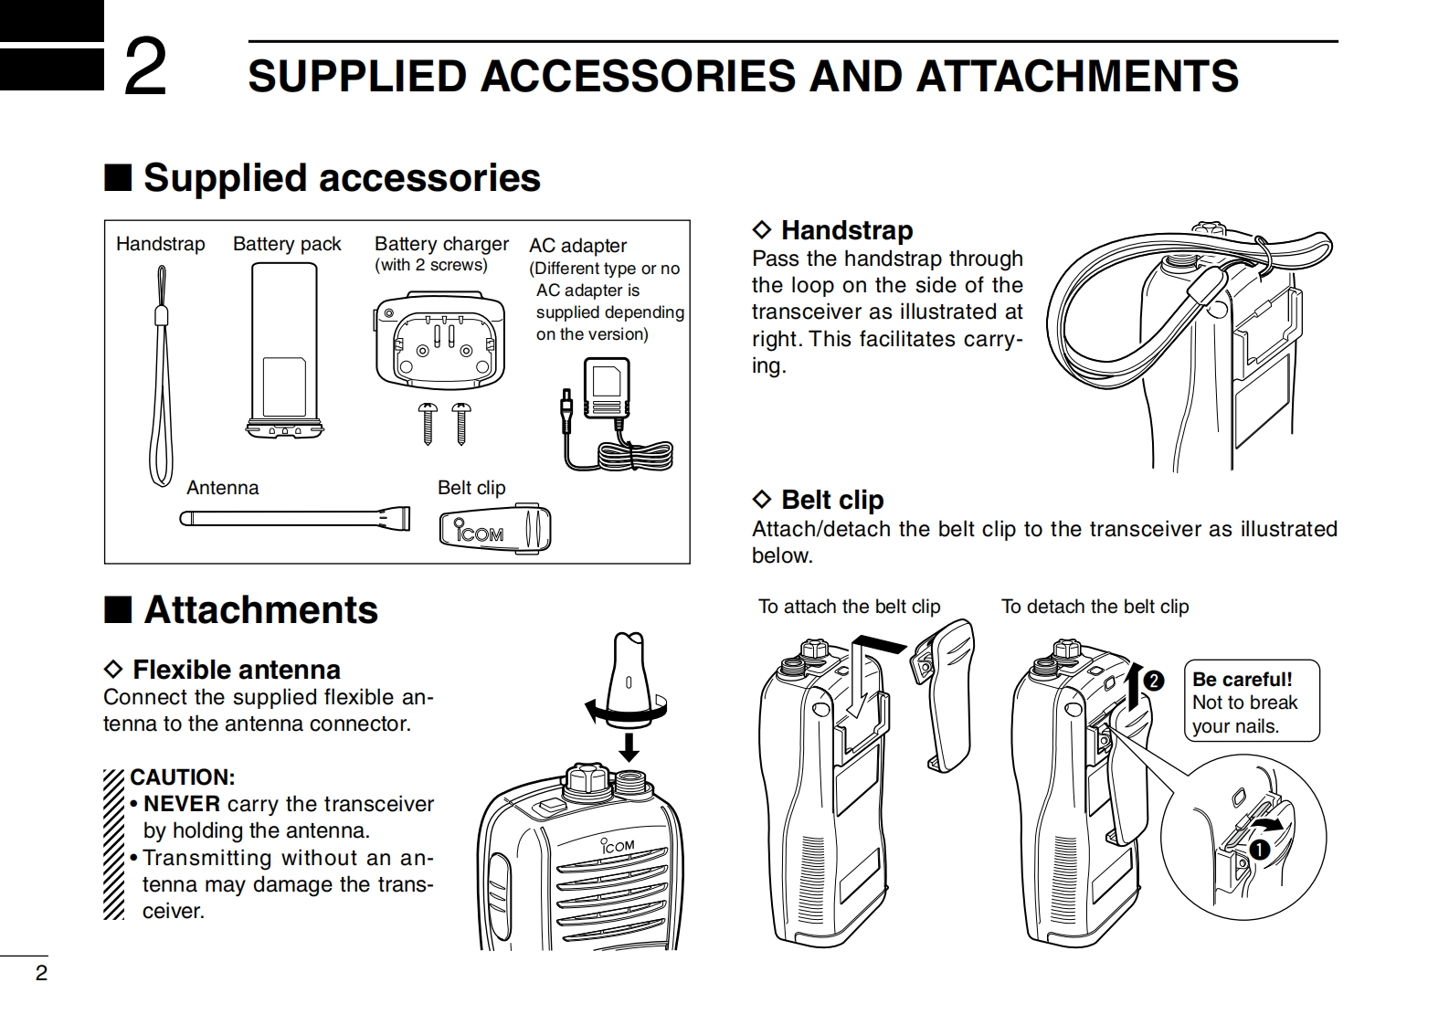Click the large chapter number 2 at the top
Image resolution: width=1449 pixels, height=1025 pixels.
(145, 68)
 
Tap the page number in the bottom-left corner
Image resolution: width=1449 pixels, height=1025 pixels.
(41, 973)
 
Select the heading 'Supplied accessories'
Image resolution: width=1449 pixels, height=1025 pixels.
(342, 177)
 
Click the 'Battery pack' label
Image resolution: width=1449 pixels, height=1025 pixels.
(286, 244)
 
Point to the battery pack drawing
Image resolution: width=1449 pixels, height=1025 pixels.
(284, 348)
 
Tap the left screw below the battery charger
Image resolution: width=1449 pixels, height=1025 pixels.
(428, 423)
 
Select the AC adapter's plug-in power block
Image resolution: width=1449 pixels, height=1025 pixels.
(606, 389)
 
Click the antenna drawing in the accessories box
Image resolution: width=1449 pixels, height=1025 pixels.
(294, 520)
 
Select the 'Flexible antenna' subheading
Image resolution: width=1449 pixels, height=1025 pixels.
(236, 670)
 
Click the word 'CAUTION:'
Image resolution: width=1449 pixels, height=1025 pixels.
(183, 777)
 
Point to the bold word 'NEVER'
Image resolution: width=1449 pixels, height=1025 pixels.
(182, 804)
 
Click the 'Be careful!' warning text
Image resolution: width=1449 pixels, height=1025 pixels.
(1242, 680)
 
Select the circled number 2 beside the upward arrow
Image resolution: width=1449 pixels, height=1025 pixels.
(1153, 681)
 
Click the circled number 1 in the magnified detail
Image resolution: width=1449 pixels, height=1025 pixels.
(1260, 850)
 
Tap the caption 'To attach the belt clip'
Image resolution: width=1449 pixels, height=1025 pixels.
(849, 607)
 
